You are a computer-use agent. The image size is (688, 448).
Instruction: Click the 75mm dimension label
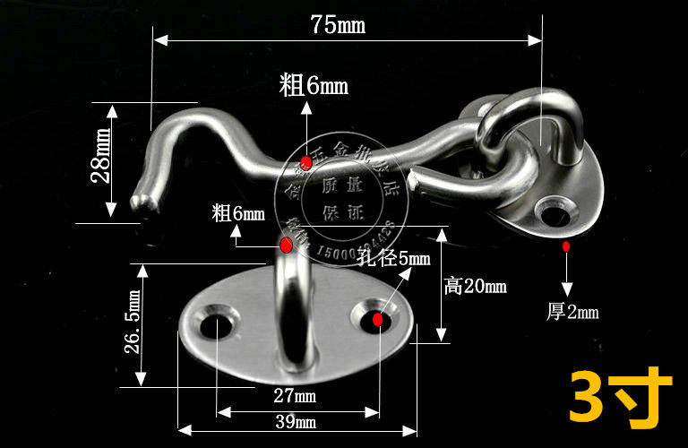coord(338,24)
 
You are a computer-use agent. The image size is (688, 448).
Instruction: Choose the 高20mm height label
coord(475,286)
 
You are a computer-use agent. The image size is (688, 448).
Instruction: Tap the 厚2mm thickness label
coord(572,312)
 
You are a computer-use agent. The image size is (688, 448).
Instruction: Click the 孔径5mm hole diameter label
coord(394,260)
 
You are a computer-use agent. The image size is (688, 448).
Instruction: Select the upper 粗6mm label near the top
coord(313,86)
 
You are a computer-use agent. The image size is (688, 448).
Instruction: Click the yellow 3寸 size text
coord(620,395)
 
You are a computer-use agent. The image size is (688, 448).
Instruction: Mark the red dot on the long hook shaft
coord(306,162)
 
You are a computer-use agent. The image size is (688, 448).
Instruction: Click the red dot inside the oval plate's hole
coord(377,319)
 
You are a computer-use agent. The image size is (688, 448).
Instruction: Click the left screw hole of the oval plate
coord(216,323)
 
